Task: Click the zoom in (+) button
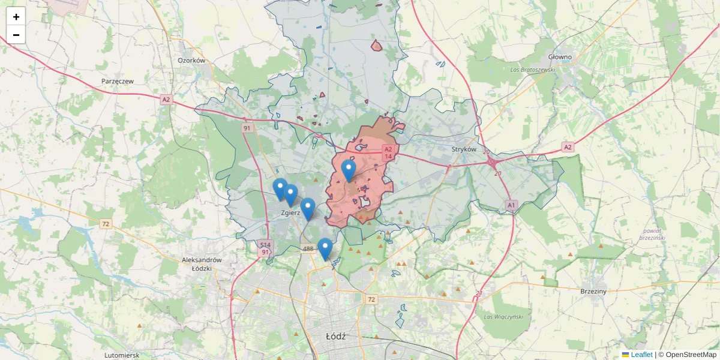coord(16,17)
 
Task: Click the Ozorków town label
coord(192,61)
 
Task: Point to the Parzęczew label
coord(118,80)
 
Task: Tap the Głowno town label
coord(560,57)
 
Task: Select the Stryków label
coord(464,149)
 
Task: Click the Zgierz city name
coord(290,212)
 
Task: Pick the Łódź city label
coord(335,336)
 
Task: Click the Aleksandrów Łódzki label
coord(202,264)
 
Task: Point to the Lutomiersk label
coord(121,355)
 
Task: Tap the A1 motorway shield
coord(511,205)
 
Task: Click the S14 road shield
coord(265,244)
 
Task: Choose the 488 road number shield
coord(308,248)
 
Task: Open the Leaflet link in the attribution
coord(641,355)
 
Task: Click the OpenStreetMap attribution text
coord(690,355)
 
